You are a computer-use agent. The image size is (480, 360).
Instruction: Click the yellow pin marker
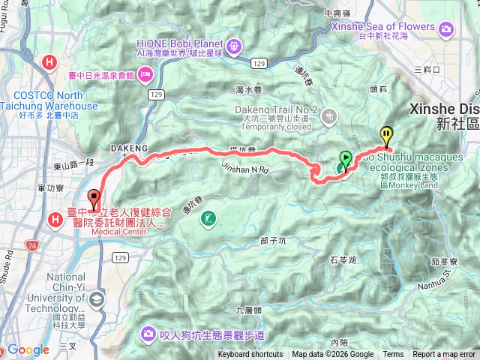coord(386,135)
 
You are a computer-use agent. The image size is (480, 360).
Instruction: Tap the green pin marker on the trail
coord(345,160)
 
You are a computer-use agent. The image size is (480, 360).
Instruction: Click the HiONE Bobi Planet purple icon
coord(235,46)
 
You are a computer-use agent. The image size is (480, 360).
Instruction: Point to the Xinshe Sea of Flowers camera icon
coord(447,28)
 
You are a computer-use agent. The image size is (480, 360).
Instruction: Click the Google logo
coord(28,349)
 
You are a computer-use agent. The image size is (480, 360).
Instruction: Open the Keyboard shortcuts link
coord(250,355)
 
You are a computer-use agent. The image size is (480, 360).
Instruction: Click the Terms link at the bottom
coord(393,355)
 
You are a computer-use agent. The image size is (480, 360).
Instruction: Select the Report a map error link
coord(444,355)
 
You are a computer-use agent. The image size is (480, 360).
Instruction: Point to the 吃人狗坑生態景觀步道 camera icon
coord(148,333)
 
